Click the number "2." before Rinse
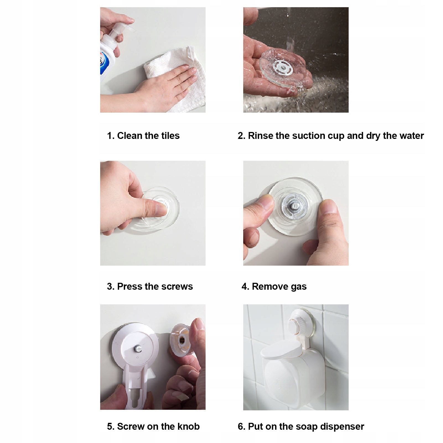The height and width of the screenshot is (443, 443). click(241, 136)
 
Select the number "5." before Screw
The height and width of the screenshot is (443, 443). click(111, 426)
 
